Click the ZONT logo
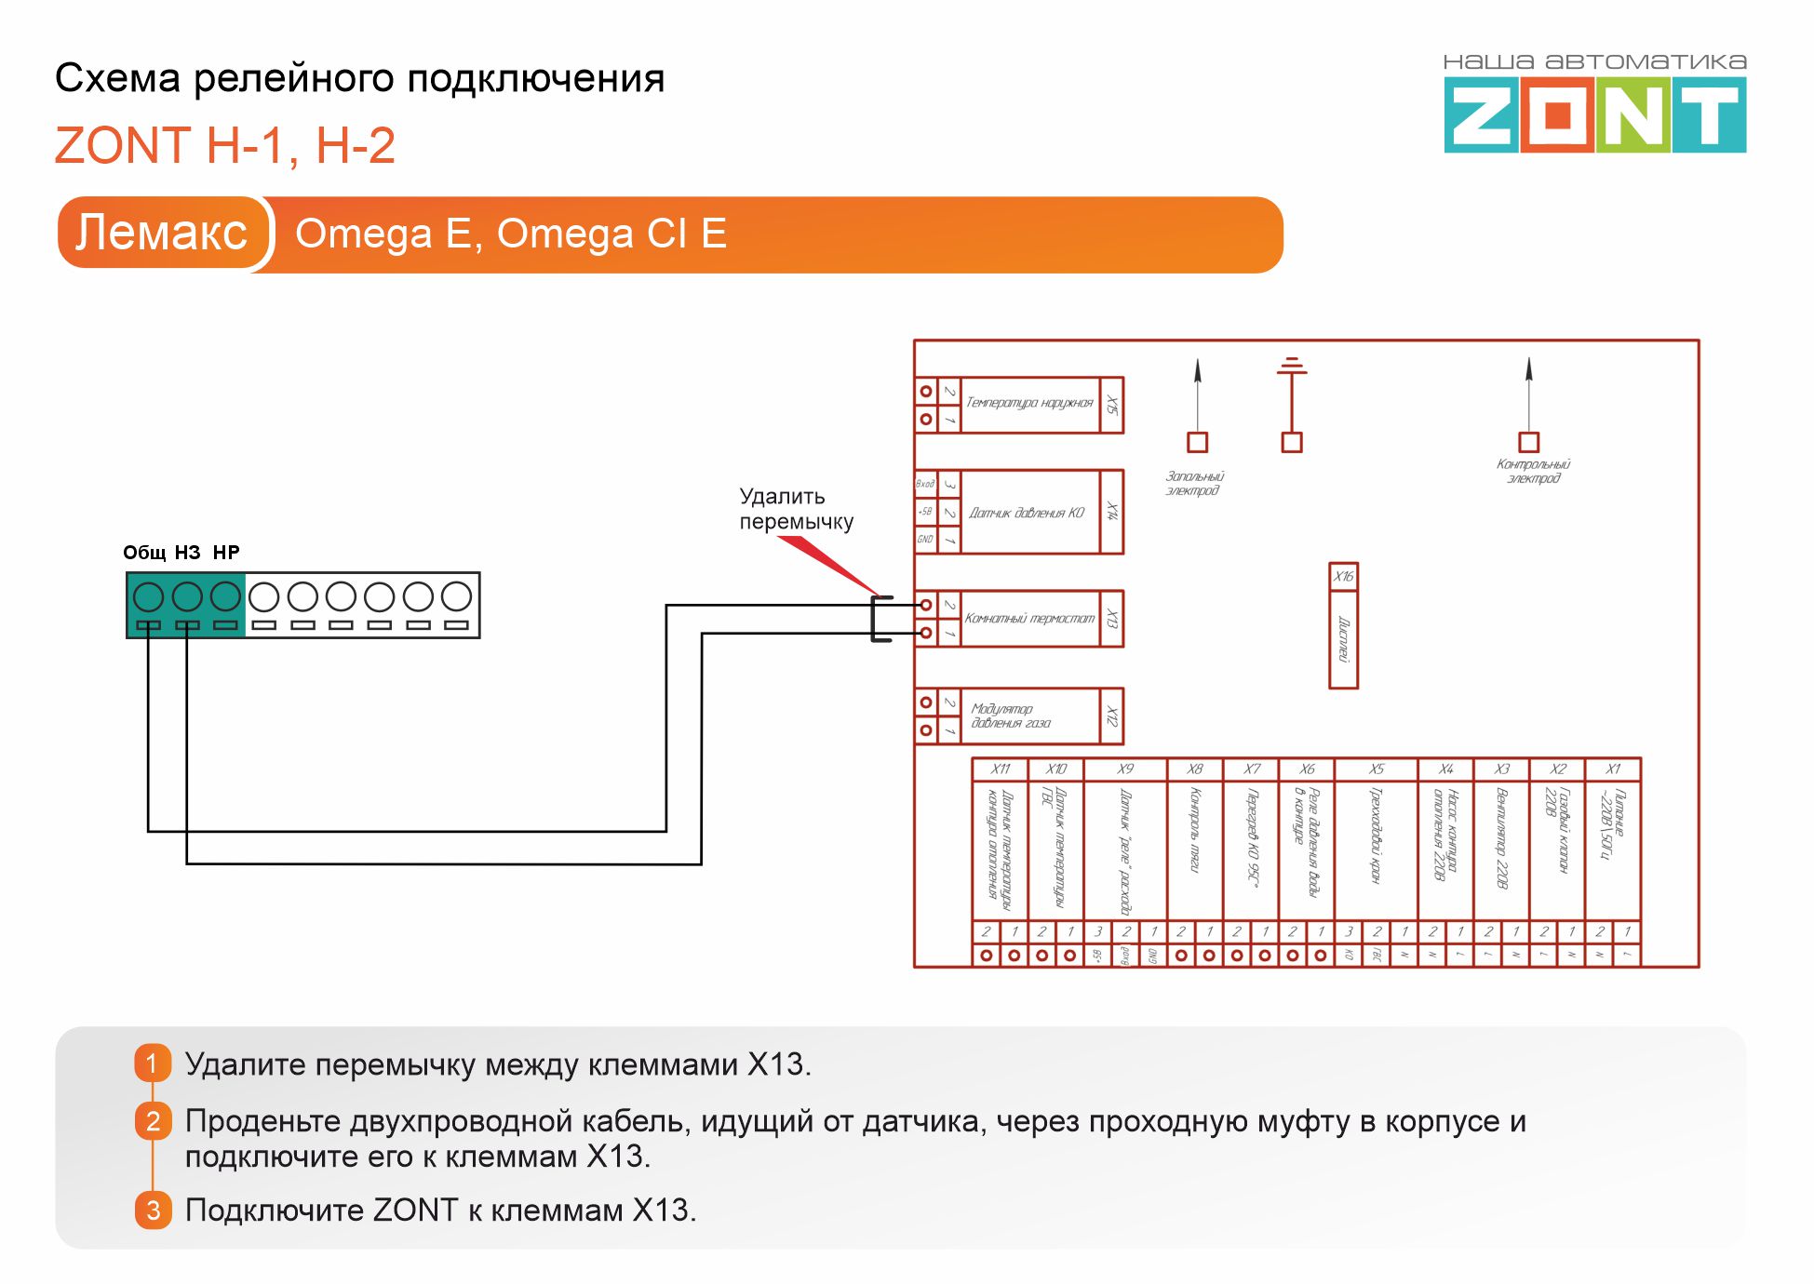pyautogui.click(x=1594, y=114)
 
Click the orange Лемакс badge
pyautogui.click(x=162, y=233)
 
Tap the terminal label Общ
pyautogui.click(x=144, y=553)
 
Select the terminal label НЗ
pyautogui.click(x=187, y=553)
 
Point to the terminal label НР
pyautogui.click(x=226, y=553)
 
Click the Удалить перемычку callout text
pyautogui.click(x=795, y=509)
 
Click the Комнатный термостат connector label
pyautogui.click(x=1029, y=618)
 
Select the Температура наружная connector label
pyautogui.click(x=1029, y=403)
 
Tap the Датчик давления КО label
pyautogui.click(x=1027, y=513)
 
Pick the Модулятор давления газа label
pyautogui.click(x=1011, y=716)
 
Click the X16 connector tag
pyautogui.click(x=1343, y=576)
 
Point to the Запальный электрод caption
pyautogui.click(x=1194, y=483)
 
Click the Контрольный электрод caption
pyautogui.click(x=1533, y=471)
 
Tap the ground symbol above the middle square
pyautogui.click(x=1291, y=365)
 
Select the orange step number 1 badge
pyautogui.click(x=153, y=1063)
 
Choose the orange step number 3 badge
pyautogui.click(x=153, y=1210)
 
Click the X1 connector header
pyautogui.click(x=1613, y=769)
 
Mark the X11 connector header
pyautogui.click(x=1000, y=769)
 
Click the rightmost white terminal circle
pyautogui.click(x=456, y=596)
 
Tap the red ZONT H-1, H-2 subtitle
pyautogui.click(x=225, y=146)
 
